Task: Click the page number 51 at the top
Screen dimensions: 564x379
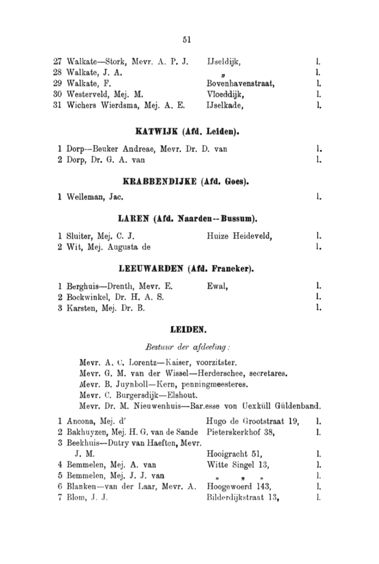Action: pyautogui.click(x=186, y=40)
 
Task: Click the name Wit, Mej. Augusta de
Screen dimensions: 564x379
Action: pyautogui.click(x=108, y=247)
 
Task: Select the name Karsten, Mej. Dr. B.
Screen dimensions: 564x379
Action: pyautogui.click(x=105, y=308)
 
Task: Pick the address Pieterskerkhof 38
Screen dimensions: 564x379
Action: pyautogui.click(x=241, y=433)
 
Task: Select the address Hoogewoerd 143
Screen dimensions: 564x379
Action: pyautogui.click(x=238, y=486)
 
